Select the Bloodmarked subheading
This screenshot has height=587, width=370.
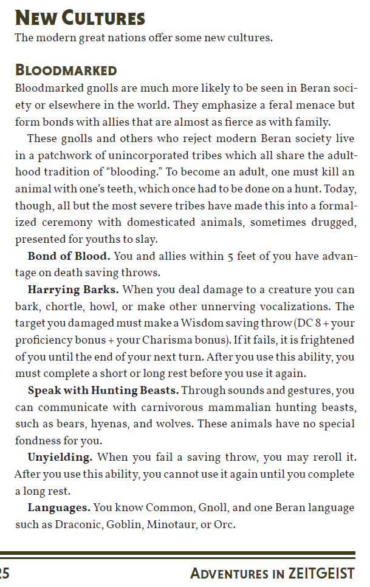[x=66, y=70]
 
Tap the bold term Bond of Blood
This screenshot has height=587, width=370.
[x=69, y=256]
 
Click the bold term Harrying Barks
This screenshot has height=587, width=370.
[x=73, y=290]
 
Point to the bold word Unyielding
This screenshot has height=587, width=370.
[x=60, y=456]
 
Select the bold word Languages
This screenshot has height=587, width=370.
[x=59, y=507]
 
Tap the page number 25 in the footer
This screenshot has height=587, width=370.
[x=5, y=574]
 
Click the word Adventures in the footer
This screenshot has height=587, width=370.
[x=228, y=574]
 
